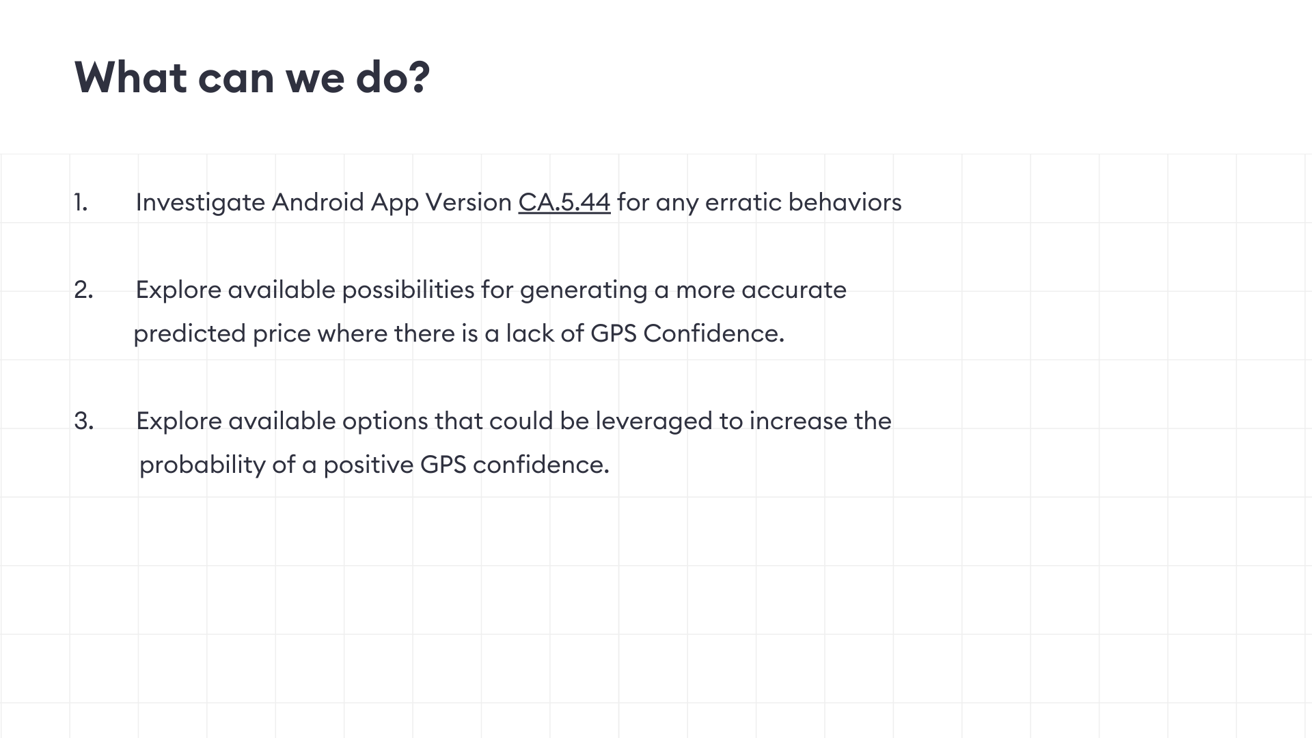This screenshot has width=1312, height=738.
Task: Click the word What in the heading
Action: pyautogui.click(x=130, y=77)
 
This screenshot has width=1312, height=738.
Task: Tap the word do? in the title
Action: pyautogui.click(x=393, y=77)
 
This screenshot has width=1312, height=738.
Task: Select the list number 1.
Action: pyautogui.click(x=81, y=202)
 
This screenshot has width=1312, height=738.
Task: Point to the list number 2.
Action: pyautogui.click(x=83, y=290)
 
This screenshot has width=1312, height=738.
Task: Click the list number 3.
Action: pyautogui.click(x=83, y=421)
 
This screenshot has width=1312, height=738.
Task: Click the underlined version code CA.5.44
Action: pyautogui.click(x=564, y=202)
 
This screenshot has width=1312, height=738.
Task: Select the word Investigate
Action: pyautogui.click(x=200, y=203)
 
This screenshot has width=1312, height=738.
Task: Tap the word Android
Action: pyautogui.click(x=318, y=202)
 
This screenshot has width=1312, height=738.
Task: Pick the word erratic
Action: pyautogui.click(x=743, y=202)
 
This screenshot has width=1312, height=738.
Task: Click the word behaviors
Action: pyautogui.click(x=845, y=202)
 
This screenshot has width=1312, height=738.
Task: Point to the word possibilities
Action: pyautogui.click(x=408, y=290)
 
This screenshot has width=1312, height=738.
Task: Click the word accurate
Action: pyautogui.click(x=794, y=290)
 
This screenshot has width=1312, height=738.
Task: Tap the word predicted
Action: pyautogui.click(x=189, y=334)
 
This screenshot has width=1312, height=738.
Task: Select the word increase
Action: pyautogui.click(x=798, y=421)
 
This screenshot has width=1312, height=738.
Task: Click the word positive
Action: pyautogui.click(x=368, y=465)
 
